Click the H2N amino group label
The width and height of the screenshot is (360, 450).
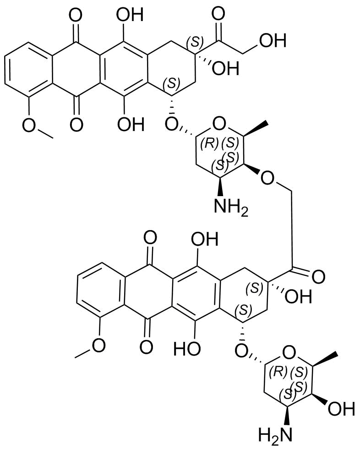pyautogui.click(x=275, y=435)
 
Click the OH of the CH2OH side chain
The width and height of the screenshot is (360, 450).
pyautogui.click(x=273, y=40)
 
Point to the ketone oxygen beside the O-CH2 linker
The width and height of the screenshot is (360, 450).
pyautogui.click(x=318, y=277)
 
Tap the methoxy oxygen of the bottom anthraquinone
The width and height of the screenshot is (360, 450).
pyautogui.click(x=99, y=345)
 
